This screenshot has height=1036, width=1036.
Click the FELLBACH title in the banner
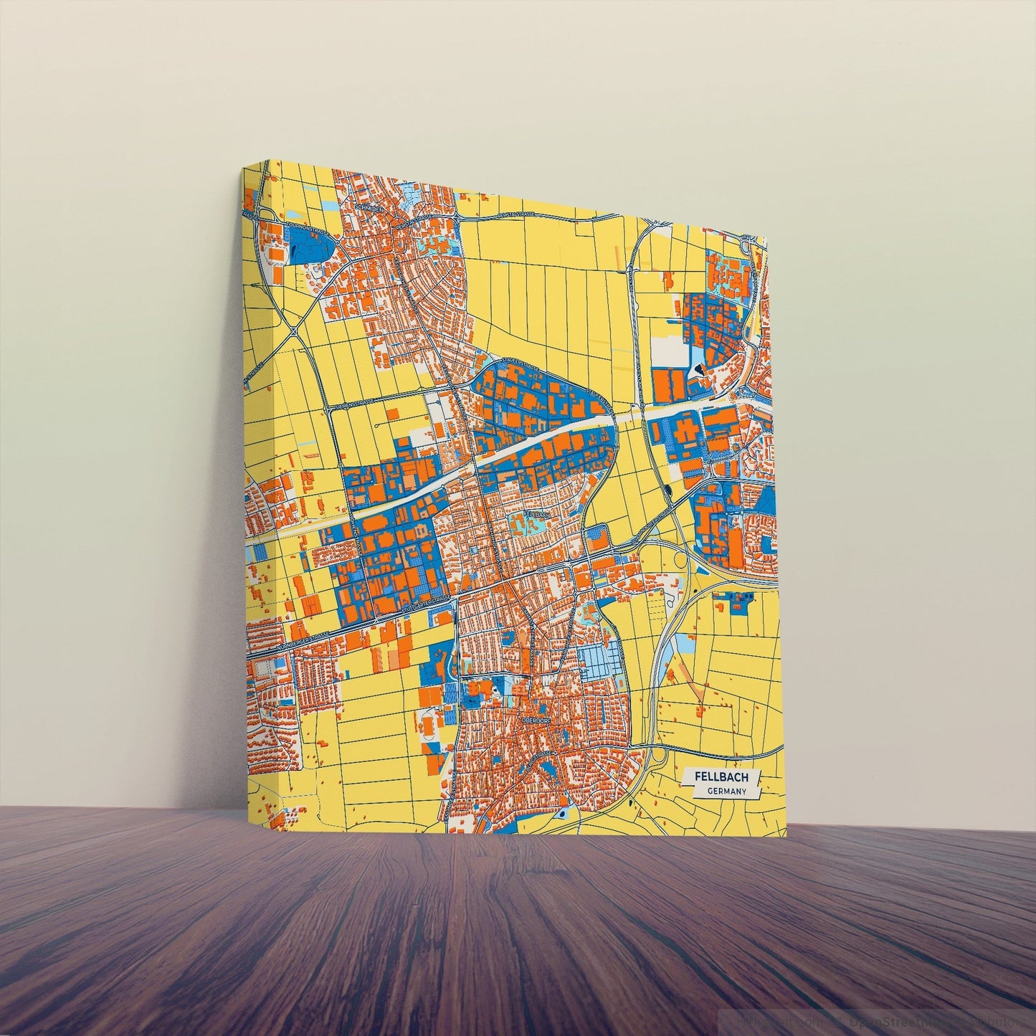click(x=721, y=777)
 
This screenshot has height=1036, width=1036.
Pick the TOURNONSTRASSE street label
click(x=305, y=227)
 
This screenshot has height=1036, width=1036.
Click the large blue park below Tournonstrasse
click(x=308, y=247)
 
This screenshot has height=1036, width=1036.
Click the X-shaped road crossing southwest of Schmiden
click(x=295, y=331)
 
